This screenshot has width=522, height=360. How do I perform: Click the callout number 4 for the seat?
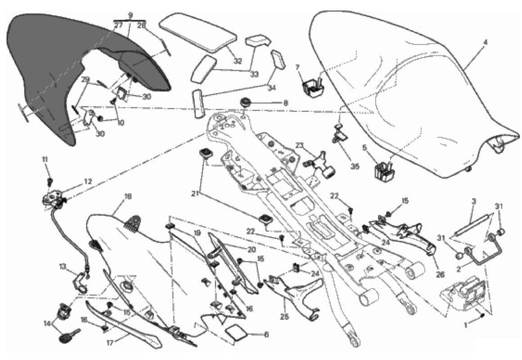485,44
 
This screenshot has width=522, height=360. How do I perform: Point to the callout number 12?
87,181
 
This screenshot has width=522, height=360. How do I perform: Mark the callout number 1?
465,323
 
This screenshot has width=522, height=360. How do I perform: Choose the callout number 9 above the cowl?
130,15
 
